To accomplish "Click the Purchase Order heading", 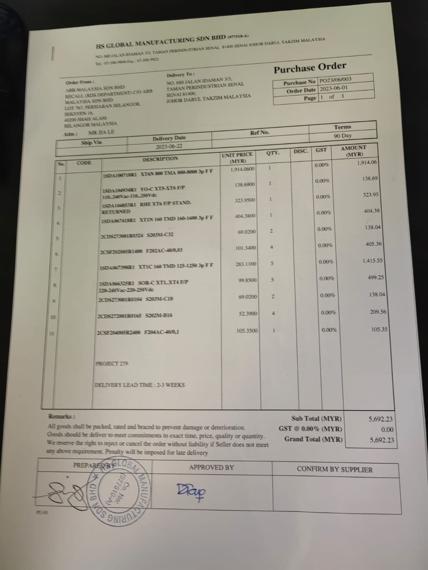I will (310, 67).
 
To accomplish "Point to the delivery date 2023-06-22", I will (169, 146).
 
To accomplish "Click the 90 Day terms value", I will (342, 135).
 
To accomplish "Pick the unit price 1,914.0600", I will (243, 169).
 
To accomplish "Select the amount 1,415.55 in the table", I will (372, 260).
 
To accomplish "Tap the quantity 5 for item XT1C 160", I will (272, 263).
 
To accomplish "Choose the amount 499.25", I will (376, 277).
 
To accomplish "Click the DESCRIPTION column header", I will (160, 159).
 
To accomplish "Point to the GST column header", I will (321, 150).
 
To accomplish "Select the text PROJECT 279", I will (112, 363).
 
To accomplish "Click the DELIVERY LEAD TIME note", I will (140, 385).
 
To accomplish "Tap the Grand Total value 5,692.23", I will (382, 440).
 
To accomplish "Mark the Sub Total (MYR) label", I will (316, 419).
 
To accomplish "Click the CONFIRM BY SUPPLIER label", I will (335, 470).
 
